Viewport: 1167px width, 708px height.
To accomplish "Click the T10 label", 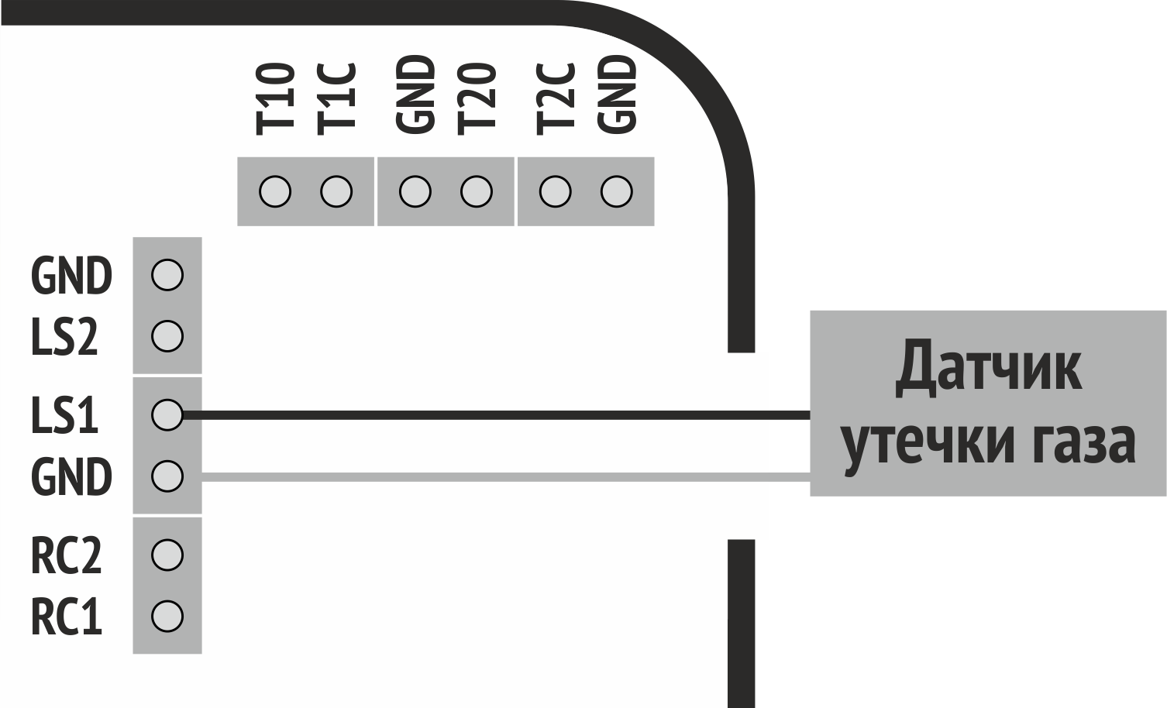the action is point(275,98).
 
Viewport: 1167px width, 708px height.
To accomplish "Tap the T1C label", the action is point(336,98).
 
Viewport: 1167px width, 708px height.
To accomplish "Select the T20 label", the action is point(476,98).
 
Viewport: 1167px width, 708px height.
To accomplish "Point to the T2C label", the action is point(555,98).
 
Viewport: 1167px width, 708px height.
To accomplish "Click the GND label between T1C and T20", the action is point(415,95).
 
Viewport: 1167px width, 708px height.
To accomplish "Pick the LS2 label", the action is point(64,338).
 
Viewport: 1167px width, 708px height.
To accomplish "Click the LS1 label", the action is point(64,415).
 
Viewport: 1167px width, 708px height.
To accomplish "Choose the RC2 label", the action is point(66,555).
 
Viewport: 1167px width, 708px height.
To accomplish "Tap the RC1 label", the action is point(66,617).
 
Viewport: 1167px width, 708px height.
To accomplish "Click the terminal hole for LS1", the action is point(167,414).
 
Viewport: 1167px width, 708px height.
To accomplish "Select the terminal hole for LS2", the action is point(167,336).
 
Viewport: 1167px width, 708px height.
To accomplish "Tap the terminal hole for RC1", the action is point(167,617).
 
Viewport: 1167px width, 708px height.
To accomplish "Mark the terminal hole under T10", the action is point(275,191).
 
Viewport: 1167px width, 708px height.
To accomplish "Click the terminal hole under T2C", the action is point(555,191).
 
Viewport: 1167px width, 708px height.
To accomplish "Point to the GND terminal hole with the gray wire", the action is point(167,476).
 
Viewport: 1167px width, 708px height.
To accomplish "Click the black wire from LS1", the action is point(496,415).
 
